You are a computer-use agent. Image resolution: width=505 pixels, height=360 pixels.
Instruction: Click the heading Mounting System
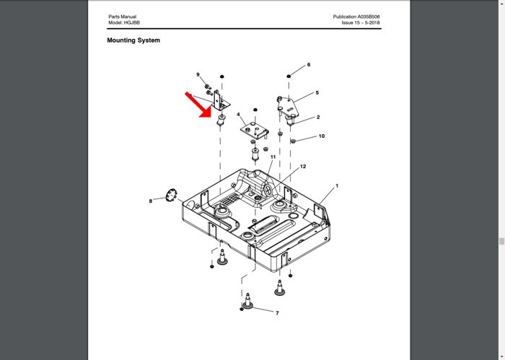point(133,40)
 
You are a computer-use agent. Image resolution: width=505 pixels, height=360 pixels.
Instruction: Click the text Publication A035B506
point(356,17)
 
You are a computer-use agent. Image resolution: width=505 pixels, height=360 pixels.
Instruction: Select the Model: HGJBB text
point(124,22)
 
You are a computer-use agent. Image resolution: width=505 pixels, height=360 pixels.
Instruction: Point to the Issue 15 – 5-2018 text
point(361,22)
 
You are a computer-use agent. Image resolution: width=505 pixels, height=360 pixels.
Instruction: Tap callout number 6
point(309,65)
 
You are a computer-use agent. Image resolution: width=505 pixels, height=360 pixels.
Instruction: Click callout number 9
point(198,75)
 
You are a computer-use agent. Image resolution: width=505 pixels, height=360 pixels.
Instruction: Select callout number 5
point(317,93)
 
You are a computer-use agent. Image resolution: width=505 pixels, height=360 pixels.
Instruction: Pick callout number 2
point(318,117)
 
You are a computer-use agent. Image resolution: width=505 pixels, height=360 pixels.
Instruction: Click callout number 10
point(322,136)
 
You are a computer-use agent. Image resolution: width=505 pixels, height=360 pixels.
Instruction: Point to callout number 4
point(238,115)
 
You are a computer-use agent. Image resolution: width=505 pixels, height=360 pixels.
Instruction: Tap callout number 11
point(273,157)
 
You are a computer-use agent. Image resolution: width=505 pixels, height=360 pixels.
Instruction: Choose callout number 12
point(303,167)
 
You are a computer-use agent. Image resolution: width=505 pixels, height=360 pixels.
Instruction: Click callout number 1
point(337,186)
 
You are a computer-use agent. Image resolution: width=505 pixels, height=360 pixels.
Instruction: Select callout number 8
point(150,201)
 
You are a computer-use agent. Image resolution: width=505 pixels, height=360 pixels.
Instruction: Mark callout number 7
point(277,312)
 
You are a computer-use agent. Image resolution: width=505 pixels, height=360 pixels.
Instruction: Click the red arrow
point(198,105)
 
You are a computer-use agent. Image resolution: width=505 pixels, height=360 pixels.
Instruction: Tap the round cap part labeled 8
point(172,195)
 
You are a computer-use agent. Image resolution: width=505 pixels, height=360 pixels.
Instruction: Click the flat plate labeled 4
point(254,130)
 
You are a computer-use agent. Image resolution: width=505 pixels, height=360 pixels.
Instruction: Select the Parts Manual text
point(123,17)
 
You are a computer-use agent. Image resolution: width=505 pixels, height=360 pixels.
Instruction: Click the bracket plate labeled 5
point(289,105)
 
